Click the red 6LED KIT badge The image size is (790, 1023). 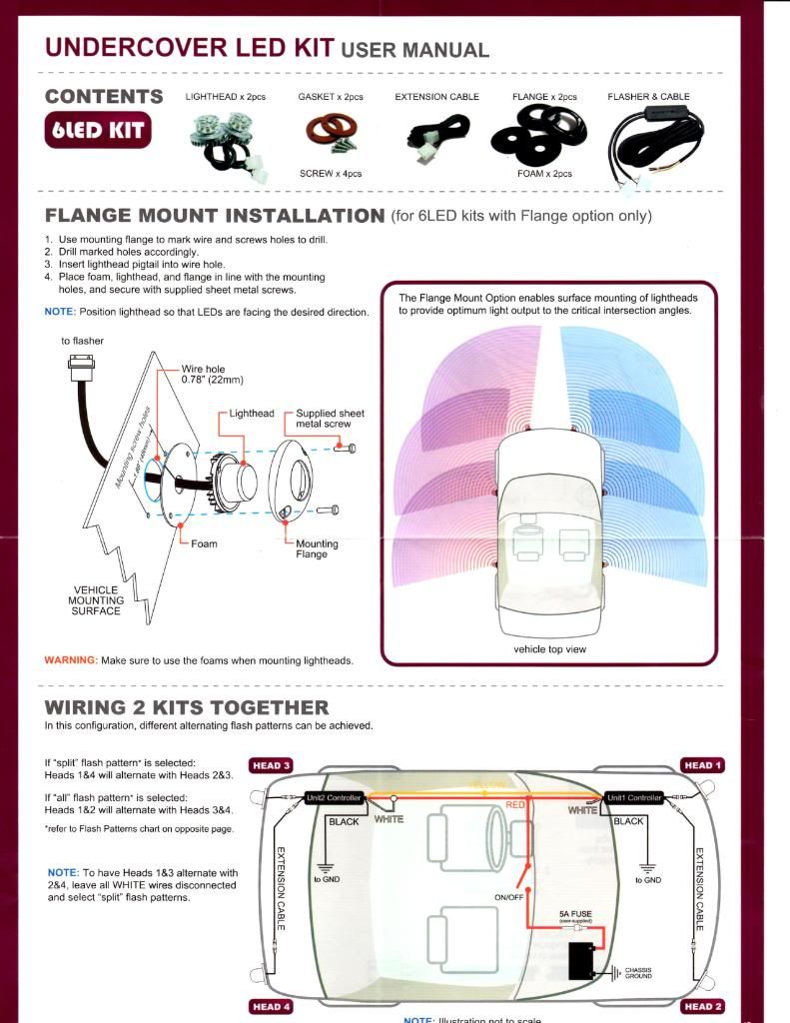[98, 131]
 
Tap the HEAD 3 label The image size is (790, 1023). [272, 765]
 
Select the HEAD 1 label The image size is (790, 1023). [702, 765]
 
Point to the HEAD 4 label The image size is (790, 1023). [272, 1006]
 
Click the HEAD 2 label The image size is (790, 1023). [702, 1006]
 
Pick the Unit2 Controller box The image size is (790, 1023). [333, 797]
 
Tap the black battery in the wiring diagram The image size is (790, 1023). [580, 962]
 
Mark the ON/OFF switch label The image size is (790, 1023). [509, 896]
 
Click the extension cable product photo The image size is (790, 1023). [435, 141]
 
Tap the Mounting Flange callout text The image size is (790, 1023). [317, 548]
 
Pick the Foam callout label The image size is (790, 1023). [204, 544]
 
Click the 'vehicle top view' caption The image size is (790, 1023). [549, 649]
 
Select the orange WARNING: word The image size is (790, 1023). [70, 660]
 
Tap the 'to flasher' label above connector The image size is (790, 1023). [82, 341]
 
